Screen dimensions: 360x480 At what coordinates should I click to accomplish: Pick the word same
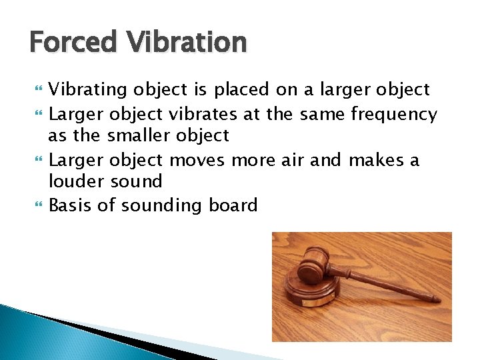click(x=322, y=115)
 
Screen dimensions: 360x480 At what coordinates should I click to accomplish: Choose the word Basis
click(x=71, y=205)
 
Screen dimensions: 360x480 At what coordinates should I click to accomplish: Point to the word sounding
click(x=162, y=205)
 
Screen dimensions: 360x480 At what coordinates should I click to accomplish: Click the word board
click(x=233, y=205)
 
